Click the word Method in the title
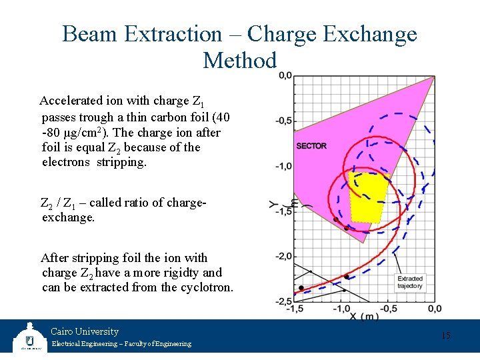coord(240,61)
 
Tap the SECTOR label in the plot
coord(311,146)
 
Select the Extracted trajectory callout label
coord(410,282)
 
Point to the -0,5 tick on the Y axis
coord(284,121)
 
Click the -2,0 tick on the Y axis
coord(284,256)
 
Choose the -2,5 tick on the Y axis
coord(284,301)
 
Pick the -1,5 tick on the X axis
coord(295,309)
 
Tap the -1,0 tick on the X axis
coord(341,309)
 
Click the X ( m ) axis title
coord(364,317)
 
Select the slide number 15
coord(446,335)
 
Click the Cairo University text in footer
coord(85,331)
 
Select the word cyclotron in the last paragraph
coord(205,288)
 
